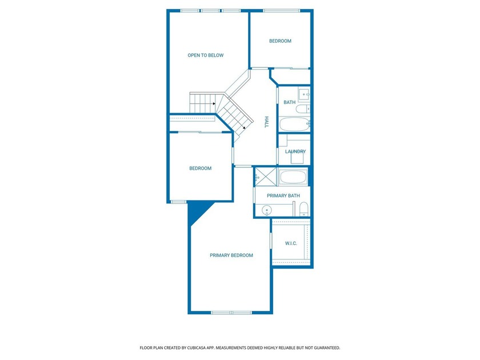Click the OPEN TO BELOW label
(x=205, y=55)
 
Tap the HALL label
(x=266, y=122)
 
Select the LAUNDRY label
(x=295, y=151)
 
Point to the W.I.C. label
(x=291, y=243)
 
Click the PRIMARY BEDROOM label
(x=231, y=255)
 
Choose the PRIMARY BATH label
(x=283, y=195)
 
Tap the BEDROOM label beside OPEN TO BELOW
(x=280, y=41)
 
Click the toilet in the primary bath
(x=303, y=209)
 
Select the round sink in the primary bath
(x=267, y=211)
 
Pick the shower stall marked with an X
(x=266, y=177)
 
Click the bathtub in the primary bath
(x=293, y=177)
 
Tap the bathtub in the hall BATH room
(x=294, y=125)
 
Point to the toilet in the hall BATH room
(x=303, y=109)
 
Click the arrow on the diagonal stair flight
(x=243, y=127)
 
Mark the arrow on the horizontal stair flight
(x=214, y=103)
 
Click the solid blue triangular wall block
(x=196, y=212)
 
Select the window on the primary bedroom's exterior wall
(x=231, y=313)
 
